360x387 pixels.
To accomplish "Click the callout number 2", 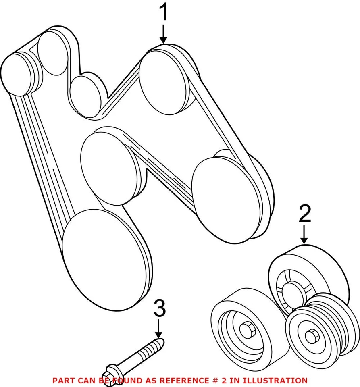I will click(305, 214).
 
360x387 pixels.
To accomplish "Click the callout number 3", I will click(160, 310).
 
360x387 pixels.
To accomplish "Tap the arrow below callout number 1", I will click(163, 35).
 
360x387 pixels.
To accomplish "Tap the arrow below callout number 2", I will click(304, 235).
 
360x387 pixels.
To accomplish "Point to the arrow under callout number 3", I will click(159, 329).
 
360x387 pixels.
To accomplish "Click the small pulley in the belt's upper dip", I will click(86, 97).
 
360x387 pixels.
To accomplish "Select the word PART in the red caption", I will click(63, 380).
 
